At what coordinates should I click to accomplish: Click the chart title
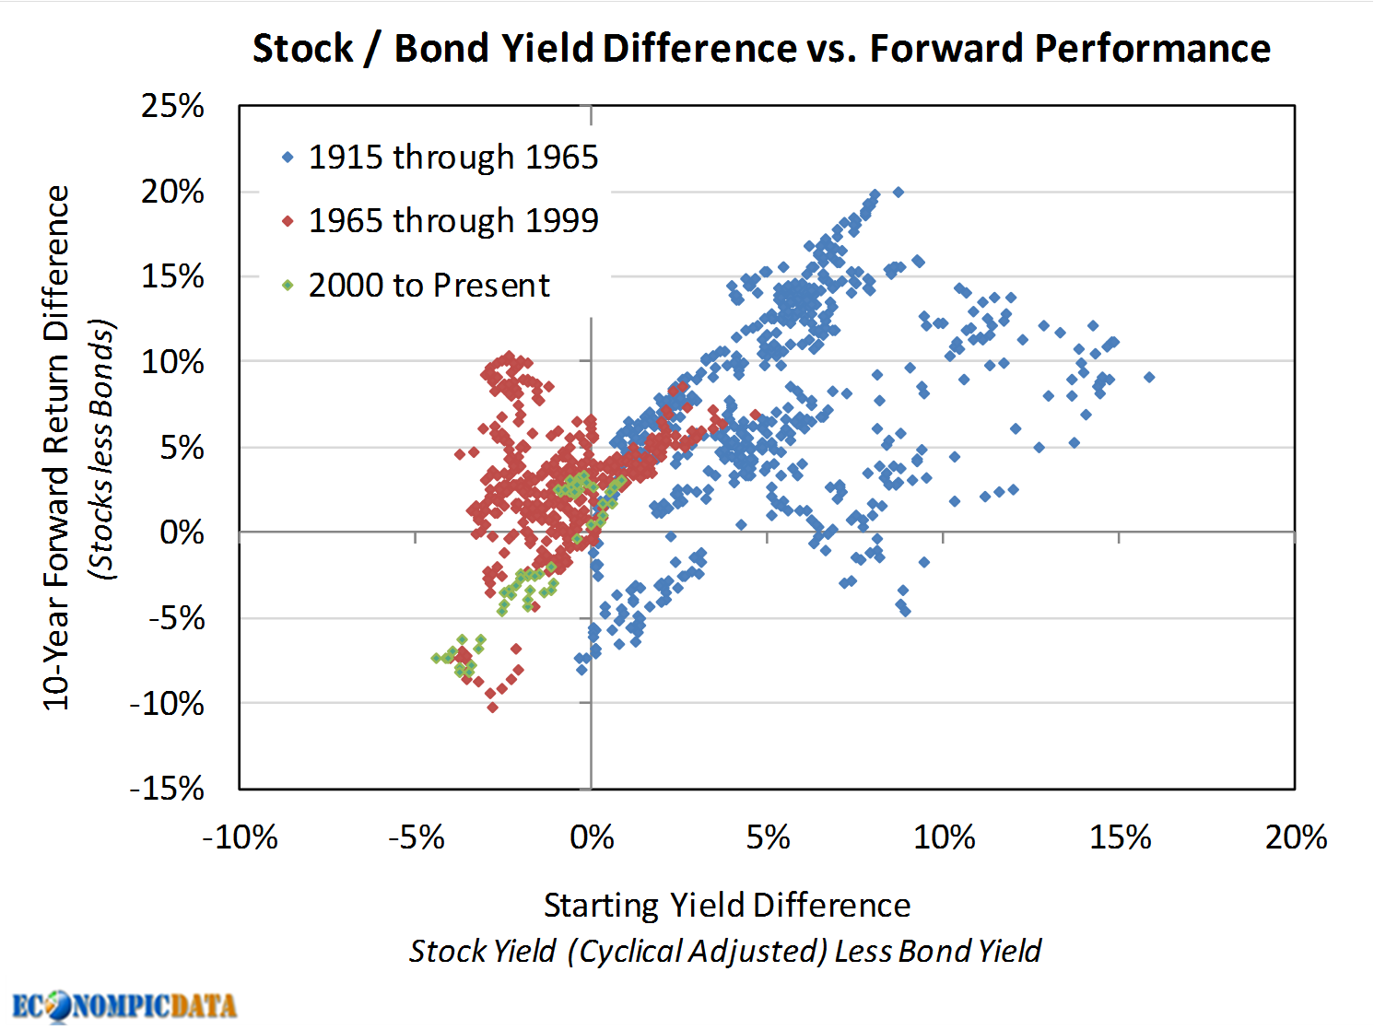(x=761, y=49)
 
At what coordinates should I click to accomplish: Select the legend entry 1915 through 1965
(x=452, y=158)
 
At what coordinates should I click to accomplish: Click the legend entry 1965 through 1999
(x=452, y=221)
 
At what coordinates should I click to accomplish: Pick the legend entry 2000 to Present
(x=429, y=286)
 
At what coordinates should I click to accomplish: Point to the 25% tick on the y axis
(x=172, y=106)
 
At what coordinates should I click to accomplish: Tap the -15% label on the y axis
(x=167, y=789)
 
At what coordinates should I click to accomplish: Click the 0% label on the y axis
(x=182, y=533)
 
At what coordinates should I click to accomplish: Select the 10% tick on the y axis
(x=172, y=362)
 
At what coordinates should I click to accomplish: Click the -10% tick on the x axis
(x=240, y=837)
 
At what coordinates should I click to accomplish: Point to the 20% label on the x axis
(x=1295, y=837)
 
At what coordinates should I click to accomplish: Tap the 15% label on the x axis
(x=1120, y=837)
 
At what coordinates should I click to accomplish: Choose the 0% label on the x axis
(x=591, y=837)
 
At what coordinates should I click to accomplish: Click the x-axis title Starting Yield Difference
(x=726, y=905)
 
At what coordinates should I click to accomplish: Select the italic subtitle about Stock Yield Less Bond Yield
(x=724, y=951)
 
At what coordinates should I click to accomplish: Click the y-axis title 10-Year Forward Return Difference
(x=56, y=448)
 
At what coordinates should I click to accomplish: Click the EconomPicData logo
(x=124, y=1004)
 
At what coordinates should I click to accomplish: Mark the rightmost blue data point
(x=1148, y=377)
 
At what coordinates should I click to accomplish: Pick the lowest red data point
(x=492, y=708)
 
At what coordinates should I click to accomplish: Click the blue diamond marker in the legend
(x=288, y=158)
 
